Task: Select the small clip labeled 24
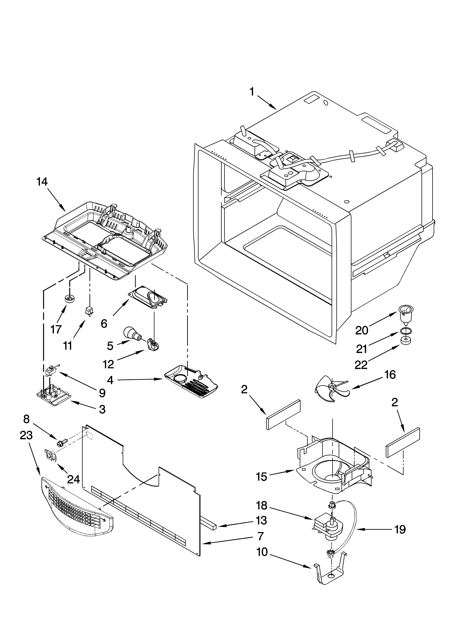click(x=50, y=456)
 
